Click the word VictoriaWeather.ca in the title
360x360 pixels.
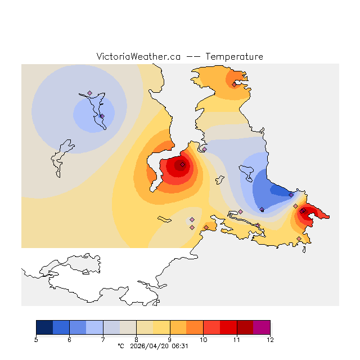[x=138, y=57]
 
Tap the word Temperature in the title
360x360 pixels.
[x=234, y=57]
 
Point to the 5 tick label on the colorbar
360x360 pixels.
[x=36, y=340]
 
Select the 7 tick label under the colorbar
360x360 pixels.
[x=103, y=340]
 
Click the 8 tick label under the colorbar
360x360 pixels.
[x=136, y=340]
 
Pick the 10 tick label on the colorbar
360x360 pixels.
[x=203, y=340]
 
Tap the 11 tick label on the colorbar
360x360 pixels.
[x=236, y=340]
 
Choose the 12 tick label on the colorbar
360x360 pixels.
[x=270, y=340]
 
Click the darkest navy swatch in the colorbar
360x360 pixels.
[x=44, y=327]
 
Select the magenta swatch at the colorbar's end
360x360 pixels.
[x=262, y=327]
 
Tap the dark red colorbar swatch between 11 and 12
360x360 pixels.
[x=245, y=327]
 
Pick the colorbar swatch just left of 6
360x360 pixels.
[x=61, y=327]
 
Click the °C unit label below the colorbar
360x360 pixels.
[x=120, y=346]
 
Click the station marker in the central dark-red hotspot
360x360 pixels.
[x=182, y=164]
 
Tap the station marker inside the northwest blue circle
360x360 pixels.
[x=102, y=116]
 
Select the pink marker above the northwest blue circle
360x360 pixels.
[x=89, y=93]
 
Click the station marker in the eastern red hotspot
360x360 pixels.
[x=303, y=210]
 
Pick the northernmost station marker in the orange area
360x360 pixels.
[x=234, y=84]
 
